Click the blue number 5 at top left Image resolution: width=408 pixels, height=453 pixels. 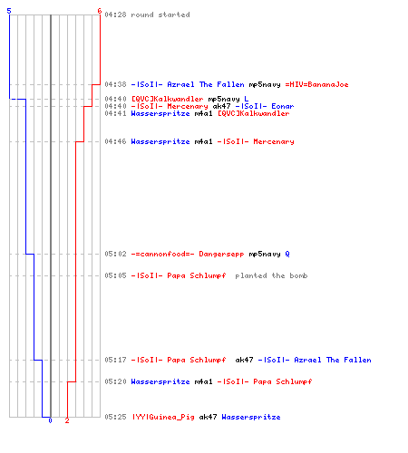[x=9, y=11]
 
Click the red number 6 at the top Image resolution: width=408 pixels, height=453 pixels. [x=100, y=11]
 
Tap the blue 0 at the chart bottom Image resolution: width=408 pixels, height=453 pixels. [x=50, y=420]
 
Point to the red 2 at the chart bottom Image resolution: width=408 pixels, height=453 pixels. [x=67, y=420]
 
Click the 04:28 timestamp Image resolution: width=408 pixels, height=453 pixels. [x=115, y=14]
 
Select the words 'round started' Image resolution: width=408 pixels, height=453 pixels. [x=160, y=14]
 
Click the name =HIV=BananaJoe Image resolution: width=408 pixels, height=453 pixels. [x=316, y=84]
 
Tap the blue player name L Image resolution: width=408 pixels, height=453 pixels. [x=247, y=99]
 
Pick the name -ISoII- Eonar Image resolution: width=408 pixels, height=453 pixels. [x=265, y=106]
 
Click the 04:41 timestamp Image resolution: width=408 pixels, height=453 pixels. [x=115, y=113]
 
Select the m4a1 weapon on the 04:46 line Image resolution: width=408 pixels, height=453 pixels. [x=203, y=141]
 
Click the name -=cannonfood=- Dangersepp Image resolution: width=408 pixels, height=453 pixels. [x=188, y=254]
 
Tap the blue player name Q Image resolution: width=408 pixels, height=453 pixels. [x=287, y=254]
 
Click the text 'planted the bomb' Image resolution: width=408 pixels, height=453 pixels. [x=271, y=275]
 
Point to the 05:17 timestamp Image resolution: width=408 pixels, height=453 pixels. [x=115, y=360]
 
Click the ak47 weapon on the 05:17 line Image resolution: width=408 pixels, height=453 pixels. [x=244, y=360]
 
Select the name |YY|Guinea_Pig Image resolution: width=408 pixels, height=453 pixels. [x=162, y=417]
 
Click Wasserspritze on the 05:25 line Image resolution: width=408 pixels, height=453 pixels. [x=251, y=417]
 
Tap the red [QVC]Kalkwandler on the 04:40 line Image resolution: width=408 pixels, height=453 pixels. [x=167, y=99]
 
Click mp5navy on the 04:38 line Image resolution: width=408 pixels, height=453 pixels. [x=265, y=84]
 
